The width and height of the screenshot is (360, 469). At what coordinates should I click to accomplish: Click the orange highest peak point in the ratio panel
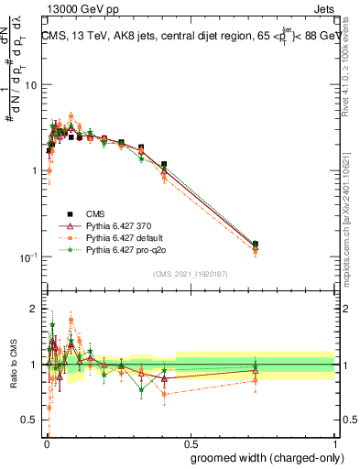pos(71,320)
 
